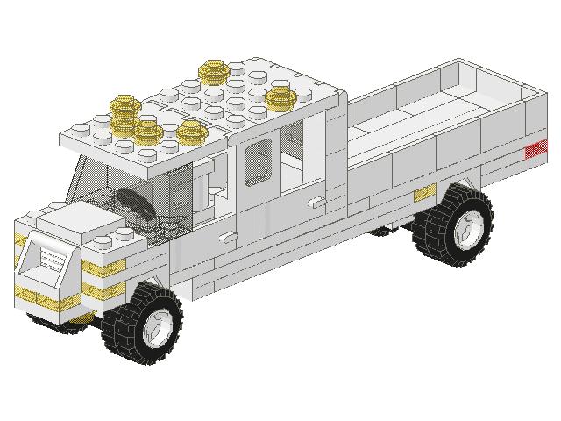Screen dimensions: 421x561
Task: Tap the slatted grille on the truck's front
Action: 52,260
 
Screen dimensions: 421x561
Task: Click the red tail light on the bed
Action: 533,150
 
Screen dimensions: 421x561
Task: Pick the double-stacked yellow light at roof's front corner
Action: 124,111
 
